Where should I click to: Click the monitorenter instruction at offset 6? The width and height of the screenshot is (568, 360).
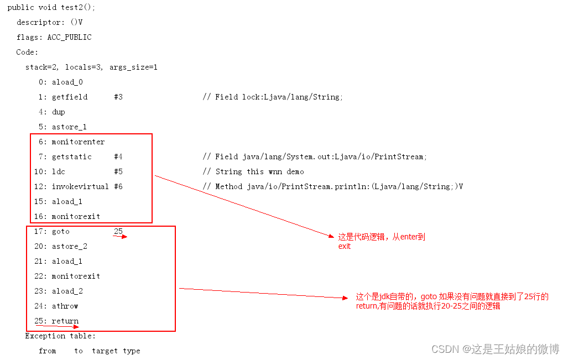[x=78, y=142]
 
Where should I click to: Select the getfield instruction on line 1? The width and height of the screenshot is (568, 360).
[x=70, y=97]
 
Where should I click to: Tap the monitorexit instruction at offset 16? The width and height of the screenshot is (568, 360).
[x=76, y=217]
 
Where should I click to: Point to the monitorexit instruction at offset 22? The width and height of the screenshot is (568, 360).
[x=76, y=276]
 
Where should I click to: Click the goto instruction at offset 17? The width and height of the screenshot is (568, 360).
[x=61, y=232]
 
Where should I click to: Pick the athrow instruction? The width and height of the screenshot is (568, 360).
[x=65, y=306]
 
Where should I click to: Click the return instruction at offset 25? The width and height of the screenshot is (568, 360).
[x=65, y=321]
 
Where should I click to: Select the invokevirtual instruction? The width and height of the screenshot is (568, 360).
[x=80, y=187]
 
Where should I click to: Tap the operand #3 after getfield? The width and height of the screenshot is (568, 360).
[x=118, y=97]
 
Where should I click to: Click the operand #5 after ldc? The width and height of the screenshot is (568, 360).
[x=118, y=172]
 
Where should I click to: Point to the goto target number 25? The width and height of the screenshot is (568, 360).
[x=118, y=231]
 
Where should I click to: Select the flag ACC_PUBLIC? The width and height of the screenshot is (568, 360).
[x=69, y=38]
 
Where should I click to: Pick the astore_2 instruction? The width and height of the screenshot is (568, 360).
[x=69, y=247]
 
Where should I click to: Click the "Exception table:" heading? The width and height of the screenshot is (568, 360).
[x=60, y=336]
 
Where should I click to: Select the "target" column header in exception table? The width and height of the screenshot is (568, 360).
[x=105, y=351]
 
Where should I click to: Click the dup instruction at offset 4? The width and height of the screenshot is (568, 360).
[x=58, y=112]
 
